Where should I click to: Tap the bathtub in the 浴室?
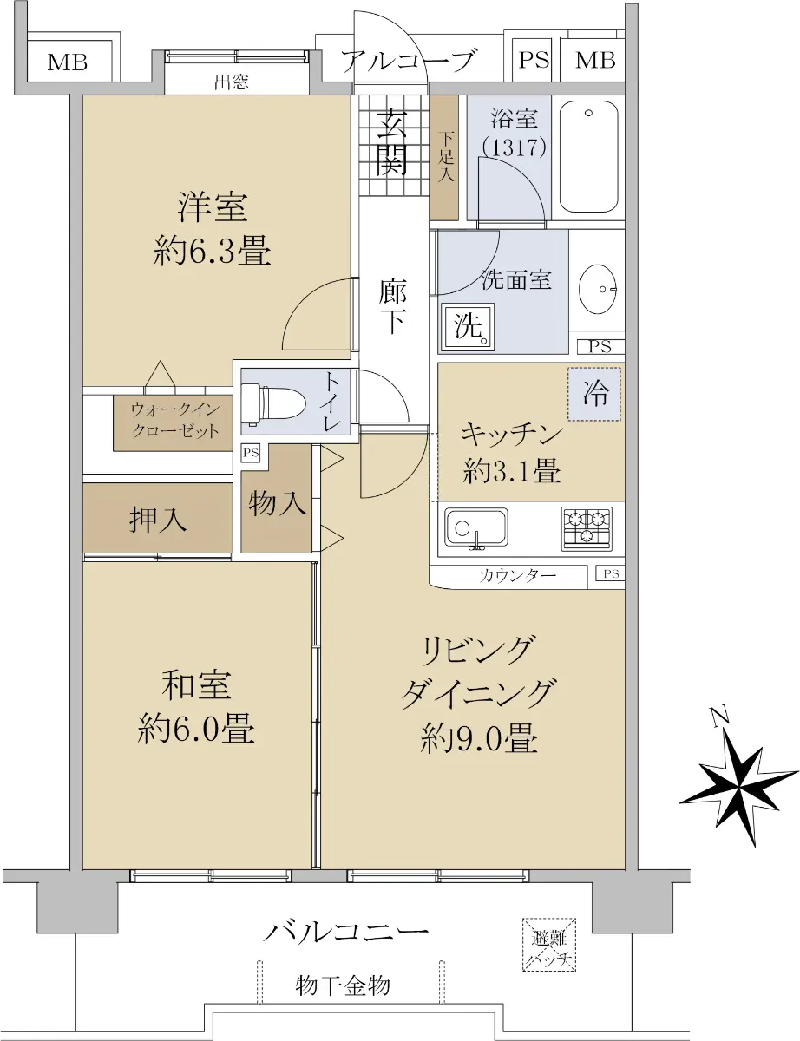(588, 157)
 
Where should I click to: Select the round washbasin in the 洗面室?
(598, 289)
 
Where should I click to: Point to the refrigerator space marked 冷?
(594, 394)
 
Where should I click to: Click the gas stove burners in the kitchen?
(587, 528)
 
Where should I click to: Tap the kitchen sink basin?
(476, 527)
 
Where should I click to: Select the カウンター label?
(518, 574)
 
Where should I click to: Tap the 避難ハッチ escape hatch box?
(549, 944)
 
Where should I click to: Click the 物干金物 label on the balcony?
(343, 985)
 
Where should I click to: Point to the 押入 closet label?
(158, 520)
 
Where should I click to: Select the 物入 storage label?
(277, 503)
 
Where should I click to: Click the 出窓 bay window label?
(231, 82)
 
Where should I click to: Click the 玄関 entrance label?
(392, 141)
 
